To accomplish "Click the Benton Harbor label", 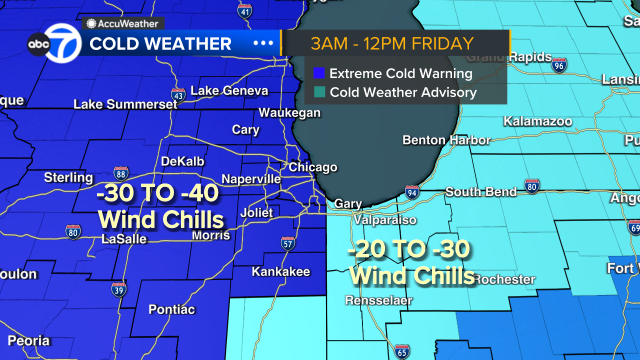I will [445, 140].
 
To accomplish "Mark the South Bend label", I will [481, 192].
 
